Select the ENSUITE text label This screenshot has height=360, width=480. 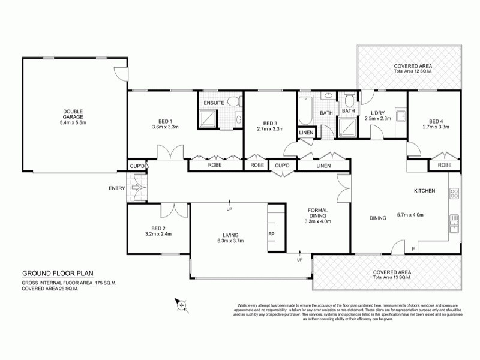click(x=214, y=103)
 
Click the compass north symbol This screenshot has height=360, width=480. click(x=179, y=305)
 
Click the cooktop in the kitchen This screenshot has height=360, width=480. click(x=454, y=194)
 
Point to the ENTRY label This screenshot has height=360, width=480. click(x=116, y=188)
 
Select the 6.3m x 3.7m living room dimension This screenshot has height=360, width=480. click(x=230, y=241)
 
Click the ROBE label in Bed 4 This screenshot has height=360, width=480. click(x=444, y=164)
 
